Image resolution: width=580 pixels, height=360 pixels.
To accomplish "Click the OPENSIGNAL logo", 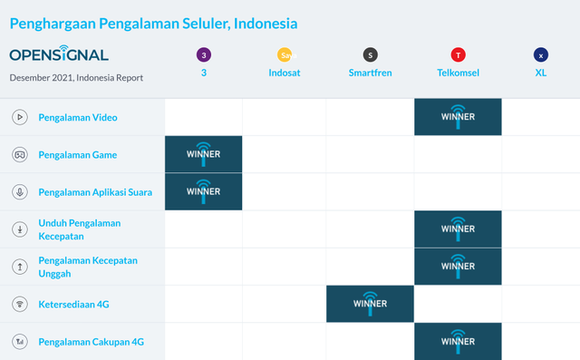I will [59, 54].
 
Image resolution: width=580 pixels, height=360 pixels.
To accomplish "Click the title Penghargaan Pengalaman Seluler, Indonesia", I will [153, 23].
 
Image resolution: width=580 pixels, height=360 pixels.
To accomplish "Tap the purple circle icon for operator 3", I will [204, 55].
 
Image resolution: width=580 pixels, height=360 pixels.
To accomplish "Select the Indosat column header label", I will [285, 73].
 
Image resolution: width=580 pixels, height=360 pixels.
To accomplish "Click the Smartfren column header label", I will [370, 73].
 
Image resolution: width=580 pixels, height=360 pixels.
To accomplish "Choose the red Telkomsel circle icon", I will [458, 55].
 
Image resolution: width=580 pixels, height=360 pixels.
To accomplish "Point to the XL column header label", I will [541, 73].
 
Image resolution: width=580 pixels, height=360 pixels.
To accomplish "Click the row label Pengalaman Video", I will [78, 117].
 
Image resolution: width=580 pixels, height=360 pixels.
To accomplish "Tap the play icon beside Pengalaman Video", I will [19, 117].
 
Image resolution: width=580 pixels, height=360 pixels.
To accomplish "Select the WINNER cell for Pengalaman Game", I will [204, 154].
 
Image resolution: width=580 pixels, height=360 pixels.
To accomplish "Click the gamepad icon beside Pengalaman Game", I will [19, 154].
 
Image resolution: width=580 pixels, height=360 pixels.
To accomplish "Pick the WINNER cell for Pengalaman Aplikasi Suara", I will [204, 191].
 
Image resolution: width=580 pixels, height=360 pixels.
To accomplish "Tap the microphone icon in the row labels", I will [19, 192].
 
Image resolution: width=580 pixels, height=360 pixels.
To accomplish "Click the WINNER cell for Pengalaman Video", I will [458, 117].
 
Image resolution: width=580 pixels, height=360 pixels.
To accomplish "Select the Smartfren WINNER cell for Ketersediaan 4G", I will [370, 304].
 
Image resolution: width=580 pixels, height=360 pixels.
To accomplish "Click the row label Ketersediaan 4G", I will [73, 304].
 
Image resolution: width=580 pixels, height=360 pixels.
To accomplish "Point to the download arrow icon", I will [19, 229].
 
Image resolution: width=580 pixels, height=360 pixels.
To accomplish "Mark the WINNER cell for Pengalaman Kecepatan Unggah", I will [458, 267].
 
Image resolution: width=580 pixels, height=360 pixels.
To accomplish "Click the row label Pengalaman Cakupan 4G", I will [91, 341].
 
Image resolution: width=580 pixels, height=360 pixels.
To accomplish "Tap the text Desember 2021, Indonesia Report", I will [76, 78].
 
